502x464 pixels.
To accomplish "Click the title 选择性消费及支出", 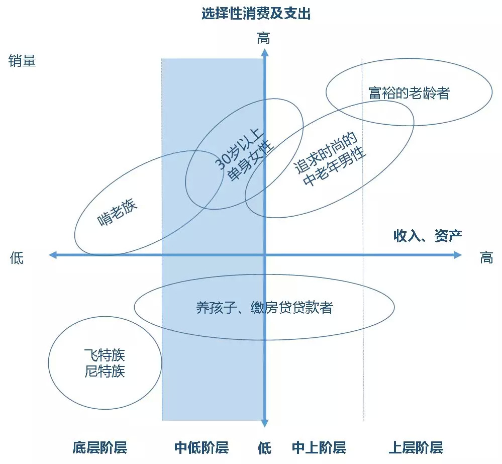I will (256, 14).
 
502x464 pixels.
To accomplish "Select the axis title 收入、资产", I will (428, 236).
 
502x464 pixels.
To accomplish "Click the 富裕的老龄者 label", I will (409, 93).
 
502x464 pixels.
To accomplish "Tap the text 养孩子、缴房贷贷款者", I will (264, 307).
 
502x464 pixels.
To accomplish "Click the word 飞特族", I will (105, 356).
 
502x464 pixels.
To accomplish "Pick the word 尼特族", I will (105, 372).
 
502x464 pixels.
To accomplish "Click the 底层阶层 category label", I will (99, 447).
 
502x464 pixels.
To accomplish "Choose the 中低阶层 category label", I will (202, 447).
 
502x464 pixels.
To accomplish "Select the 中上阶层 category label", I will (319, 447).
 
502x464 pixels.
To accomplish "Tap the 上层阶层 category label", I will (416, 447).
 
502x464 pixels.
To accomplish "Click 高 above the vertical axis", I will (264, 38).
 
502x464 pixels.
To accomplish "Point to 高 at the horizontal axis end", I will (486, 258).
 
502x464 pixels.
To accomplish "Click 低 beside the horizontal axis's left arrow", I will (17, 258).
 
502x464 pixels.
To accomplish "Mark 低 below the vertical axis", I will (264, 447).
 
